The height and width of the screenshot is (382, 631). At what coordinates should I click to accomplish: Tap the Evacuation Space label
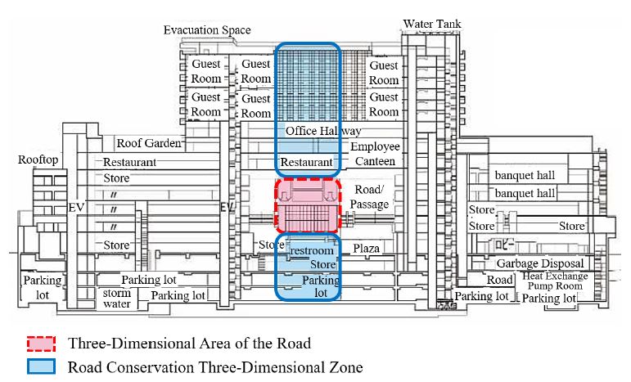coord(207,30)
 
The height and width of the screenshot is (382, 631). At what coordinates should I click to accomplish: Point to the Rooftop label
coord(38,160)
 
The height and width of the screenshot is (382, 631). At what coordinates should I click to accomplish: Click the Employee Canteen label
coord(376,154)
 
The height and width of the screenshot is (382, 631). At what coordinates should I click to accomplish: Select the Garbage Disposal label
coord(540,263)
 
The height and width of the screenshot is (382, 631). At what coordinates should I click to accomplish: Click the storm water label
coord(116,298)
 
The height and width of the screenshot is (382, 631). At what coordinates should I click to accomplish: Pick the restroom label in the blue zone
coord(312,251)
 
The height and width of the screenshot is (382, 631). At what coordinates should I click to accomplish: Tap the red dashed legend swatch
coord(38,344)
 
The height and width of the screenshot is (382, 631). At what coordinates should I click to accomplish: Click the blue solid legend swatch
coord(38,367)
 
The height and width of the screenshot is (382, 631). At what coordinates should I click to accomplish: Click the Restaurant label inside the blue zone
coord(307,163)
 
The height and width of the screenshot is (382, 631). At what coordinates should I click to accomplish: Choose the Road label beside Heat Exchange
coord(500,280)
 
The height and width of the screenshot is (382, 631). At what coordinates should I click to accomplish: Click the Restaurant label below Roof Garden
coord(129,162)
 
